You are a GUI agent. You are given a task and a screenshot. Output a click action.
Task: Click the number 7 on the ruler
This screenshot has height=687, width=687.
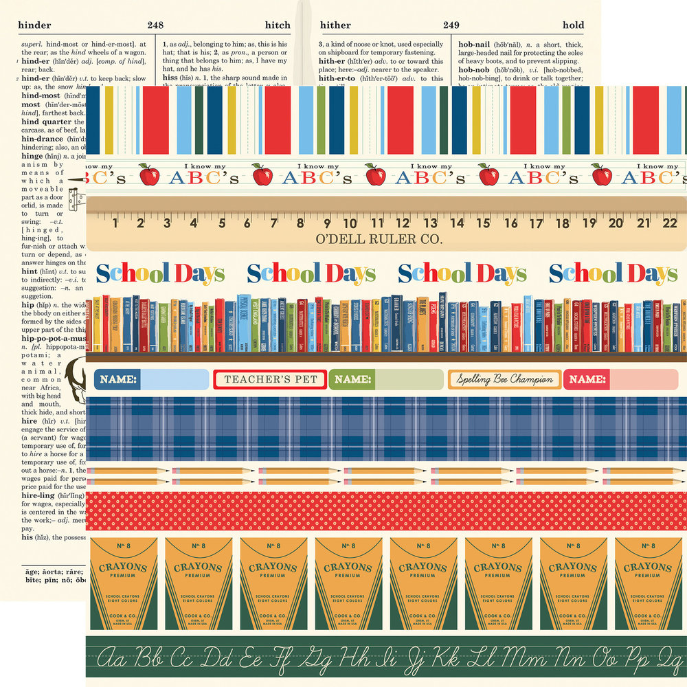click(x=273, y=223)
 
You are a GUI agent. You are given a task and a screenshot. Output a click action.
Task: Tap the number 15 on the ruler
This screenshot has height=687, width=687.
click(x=484, y=223)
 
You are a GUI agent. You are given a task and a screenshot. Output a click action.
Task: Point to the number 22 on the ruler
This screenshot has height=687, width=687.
click(x=670, y=223)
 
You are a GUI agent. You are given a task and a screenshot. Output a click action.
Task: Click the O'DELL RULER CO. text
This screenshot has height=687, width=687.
click(x=378, y=240)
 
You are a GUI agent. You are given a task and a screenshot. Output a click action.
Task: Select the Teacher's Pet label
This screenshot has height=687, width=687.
click(x=271, y=379)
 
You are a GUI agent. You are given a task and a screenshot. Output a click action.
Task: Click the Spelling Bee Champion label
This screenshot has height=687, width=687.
click(x=504, y=379)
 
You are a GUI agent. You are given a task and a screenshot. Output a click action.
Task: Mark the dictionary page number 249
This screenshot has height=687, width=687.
click(x=451, y=25)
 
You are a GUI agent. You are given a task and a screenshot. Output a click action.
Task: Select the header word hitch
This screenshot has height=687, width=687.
click(x=278, y=25)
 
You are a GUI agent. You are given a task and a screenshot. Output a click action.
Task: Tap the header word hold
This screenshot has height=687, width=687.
click(x=573, y=25)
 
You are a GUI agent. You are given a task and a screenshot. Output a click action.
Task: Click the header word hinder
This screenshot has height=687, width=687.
click(x=35, y=25)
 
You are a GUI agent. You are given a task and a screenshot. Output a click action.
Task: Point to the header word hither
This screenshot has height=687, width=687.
click(x=337, y=25)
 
